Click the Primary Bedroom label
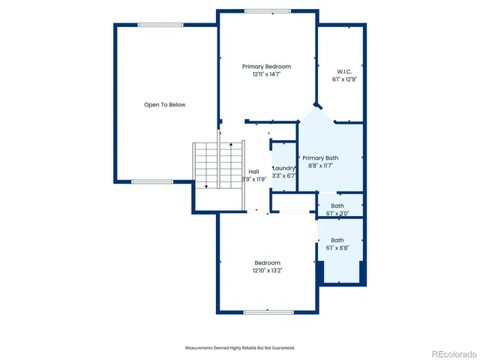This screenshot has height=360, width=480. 266,67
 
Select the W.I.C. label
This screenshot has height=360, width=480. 344,71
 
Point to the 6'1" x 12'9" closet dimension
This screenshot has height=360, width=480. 344,79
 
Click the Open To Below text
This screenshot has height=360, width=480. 164,105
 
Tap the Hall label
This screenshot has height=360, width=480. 253,172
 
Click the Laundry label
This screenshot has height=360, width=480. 284,168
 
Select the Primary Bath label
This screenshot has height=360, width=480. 320,158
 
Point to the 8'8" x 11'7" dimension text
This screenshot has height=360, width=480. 320,166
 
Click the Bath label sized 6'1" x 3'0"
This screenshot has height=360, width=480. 337,205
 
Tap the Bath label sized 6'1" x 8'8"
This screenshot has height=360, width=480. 337,241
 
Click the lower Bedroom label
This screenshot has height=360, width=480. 267,262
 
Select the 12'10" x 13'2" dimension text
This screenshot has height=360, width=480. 267,271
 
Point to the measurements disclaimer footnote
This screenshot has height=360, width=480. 240,348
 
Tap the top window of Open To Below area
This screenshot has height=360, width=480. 160,24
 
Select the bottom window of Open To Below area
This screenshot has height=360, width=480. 152,181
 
